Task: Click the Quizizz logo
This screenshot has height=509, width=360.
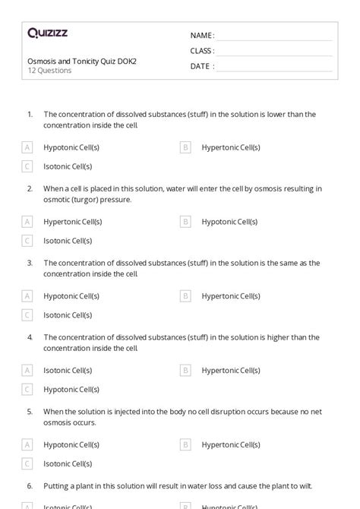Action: [x=47, y=33]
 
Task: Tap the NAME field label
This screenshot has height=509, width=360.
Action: [x=202, y=36]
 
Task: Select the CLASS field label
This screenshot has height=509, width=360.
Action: [x=202, y=51]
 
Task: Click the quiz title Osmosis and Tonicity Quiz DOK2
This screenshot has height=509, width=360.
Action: [x=82, y=61]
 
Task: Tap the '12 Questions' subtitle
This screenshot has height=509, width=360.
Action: [x=49, y=71]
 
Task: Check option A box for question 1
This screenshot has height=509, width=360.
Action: [x=27, y=147]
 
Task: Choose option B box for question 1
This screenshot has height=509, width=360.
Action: [x=185, y=147]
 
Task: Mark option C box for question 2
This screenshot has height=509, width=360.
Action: [x=27, y=240]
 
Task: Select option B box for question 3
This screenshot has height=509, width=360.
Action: [x=185, y=296]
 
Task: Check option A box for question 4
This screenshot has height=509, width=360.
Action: [x=27, y=370]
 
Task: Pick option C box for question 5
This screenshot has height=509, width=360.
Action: [x=27, y=463]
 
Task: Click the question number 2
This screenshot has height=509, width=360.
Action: [x=30, y=188]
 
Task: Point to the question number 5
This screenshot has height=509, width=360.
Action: [x=30, y=411]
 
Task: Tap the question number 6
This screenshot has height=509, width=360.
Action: [x=30, y=485]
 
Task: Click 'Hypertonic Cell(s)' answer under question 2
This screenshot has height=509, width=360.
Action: [x=72, y=222]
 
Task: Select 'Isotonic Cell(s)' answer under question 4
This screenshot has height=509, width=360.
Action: [x=68, y=370]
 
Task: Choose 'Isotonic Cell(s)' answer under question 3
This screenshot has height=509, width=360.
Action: [x=68, y=315]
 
